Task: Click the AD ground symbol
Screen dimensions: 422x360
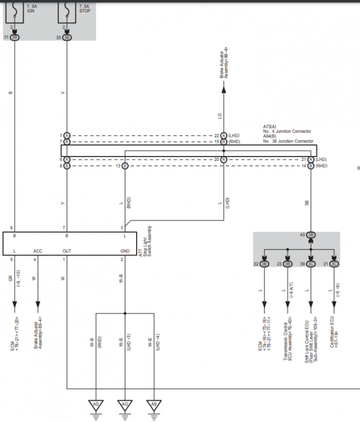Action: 96,404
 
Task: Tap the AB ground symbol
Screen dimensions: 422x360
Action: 154,404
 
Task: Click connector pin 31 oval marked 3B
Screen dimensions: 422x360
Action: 15,37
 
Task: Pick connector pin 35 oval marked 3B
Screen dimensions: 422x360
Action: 67,37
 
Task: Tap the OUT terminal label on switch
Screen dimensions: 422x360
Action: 67,251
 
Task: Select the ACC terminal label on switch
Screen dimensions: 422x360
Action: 38,251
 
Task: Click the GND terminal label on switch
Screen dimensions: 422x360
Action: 125,251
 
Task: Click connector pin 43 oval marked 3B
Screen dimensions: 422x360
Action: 311,235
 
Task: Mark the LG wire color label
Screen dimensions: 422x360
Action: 219,116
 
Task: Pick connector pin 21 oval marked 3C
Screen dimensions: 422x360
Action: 335,264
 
